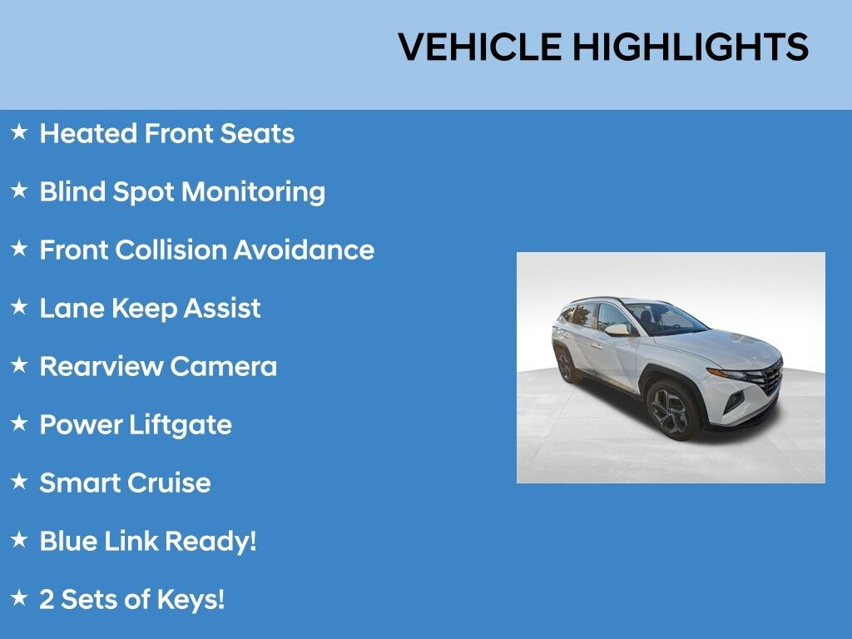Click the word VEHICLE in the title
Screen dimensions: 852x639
[x=480, y=47]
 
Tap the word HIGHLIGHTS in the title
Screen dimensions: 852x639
[x=691, y=47]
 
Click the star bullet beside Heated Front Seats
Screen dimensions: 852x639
[x=19, y=131]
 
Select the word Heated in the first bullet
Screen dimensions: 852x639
[x=88, y=134]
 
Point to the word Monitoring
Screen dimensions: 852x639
[x=253, y=193]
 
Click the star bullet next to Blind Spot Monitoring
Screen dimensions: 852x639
[x=19, y=190]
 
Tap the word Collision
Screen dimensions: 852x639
[x=171, y=250]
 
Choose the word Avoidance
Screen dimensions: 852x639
[x=304, y=250]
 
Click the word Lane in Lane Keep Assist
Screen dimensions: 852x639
[x=72, y=308]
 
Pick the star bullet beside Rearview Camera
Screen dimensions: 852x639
[x=19, y=364]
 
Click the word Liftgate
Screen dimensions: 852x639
[x=181, y=425]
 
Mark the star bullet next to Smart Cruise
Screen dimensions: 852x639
[x=19, y=481]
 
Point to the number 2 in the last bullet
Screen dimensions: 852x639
[x=47, y=600]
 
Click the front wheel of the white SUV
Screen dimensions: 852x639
[x=671, y=409]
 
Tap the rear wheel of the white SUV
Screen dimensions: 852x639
[x=565, y=365]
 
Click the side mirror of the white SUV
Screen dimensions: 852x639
[x=618, y=329]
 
